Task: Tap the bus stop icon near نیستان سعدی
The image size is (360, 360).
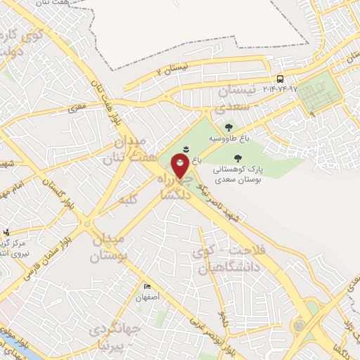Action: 281,78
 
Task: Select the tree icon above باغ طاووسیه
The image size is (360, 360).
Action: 229,127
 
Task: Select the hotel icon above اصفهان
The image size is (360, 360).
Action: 147,285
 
